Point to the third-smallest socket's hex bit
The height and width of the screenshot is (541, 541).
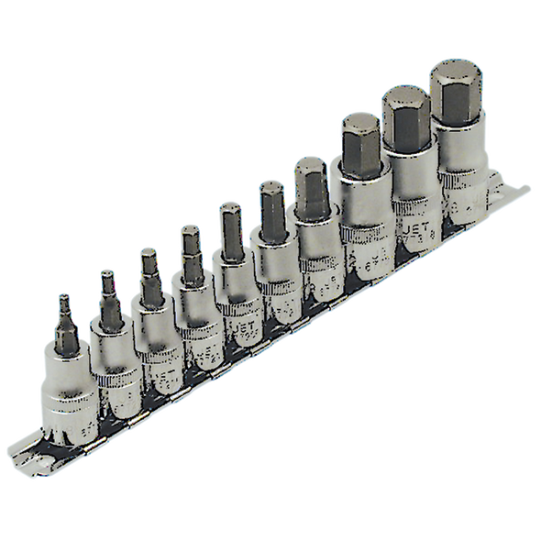pyautogui.click(x=149, y=270)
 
